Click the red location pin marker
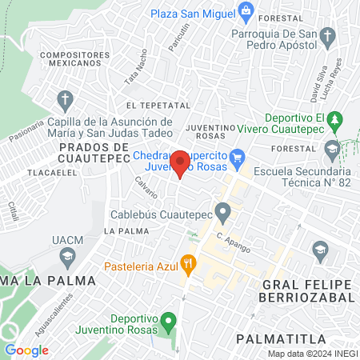(180, 163)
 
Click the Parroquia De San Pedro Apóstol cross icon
(326, 36)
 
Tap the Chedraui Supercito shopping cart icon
(237, 156)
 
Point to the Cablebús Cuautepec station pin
(223, 212)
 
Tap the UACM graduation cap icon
(66, 256)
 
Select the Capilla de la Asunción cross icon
(66, 100)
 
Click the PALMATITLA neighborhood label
(278, 339)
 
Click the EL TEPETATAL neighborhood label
(158, 105)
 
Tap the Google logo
(26, 350)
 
